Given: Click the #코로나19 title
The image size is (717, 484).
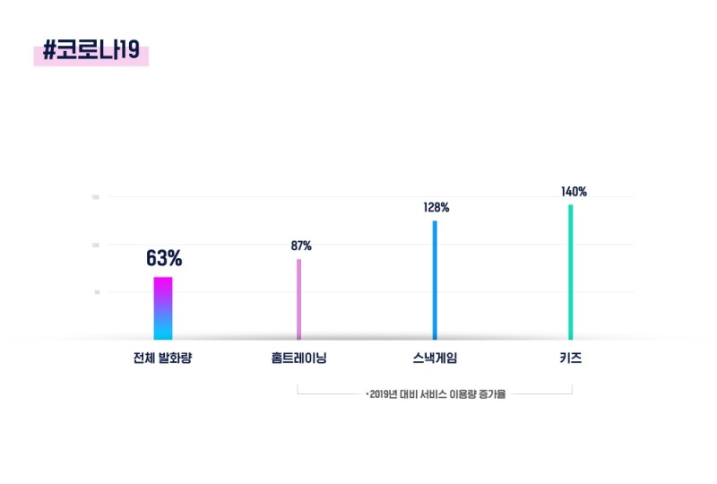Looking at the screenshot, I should coord(91,51).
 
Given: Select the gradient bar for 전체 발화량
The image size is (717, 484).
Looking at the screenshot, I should coord(163,308).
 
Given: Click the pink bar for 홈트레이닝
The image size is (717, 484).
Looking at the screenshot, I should coord(299,299).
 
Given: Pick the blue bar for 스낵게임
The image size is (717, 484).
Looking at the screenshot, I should coord(435,280).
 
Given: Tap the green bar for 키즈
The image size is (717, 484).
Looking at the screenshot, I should coord(570,272).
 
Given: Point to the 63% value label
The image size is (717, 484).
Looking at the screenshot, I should coord(164,259).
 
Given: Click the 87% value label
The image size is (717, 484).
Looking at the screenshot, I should coord(301,246).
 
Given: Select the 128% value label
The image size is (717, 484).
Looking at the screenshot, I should coord(436,208).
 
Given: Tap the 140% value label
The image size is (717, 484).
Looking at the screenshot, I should coord(574,192).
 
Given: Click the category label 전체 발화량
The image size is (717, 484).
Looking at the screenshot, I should coord(163,359).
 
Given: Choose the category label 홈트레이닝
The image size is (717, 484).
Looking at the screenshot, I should coord(299,359).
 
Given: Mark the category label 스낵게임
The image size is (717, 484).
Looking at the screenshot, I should coord(435,359).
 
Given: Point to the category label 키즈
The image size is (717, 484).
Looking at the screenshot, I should coord(570,359).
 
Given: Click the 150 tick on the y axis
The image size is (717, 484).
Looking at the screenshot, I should coord(96,197).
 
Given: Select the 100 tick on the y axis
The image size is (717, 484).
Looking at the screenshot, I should coord(96,245).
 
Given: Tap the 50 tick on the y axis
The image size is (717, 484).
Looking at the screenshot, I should coord(97,292).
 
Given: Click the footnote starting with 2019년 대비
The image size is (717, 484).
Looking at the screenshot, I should coord(436,393).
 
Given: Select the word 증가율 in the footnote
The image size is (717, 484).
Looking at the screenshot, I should coord(492,393).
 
